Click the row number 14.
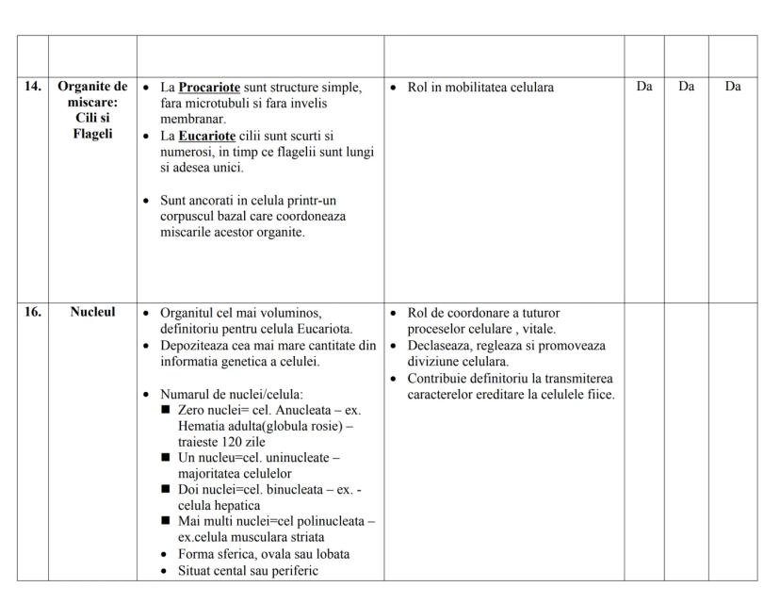33,87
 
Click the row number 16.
33,312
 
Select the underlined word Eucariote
206,136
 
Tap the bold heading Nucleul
92,312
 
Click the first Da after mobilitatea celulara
644,87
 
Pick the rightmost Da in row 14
733,87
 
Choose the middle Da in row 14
686,87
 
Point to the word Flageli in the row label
92,135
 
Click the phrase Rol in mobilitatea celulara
480,88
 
